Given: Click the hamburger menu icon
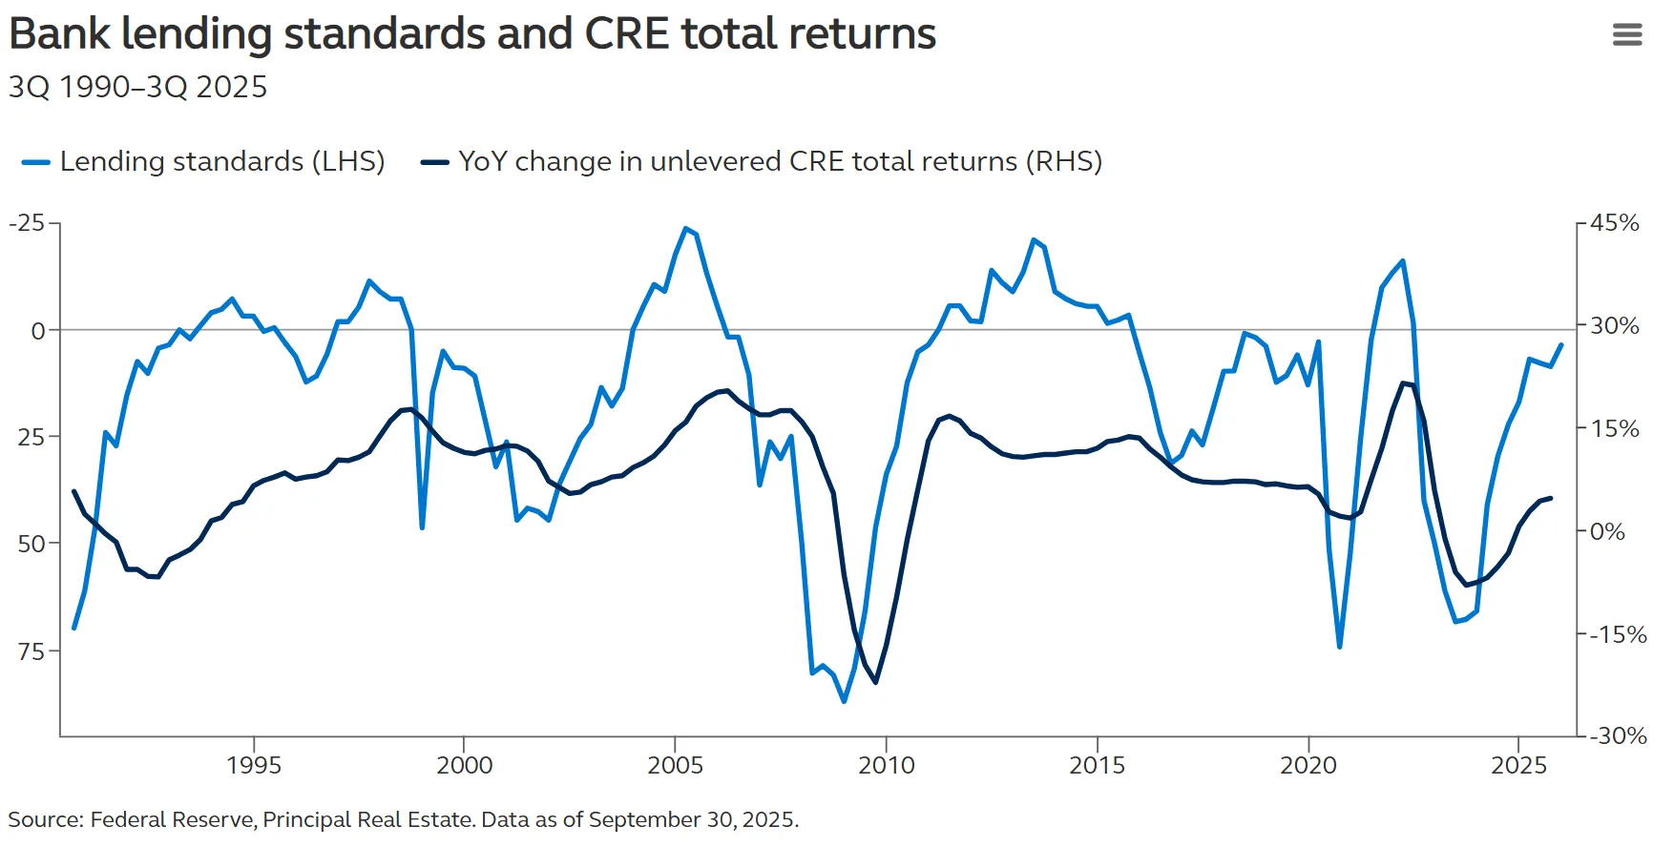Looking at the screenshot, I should pos(1626,35).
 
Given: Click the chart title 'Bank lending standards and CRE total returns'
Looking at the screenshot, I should pos(472,34).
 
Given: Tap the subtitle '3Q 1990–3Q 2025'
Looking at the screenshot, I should pos(137,87).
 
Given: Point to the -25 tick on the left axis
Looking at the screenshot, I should pos(27,222).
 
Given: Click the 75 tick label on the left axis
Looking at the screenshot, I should pos(31,651).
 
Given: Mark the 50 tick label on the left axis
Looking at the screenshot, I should pos(31,544).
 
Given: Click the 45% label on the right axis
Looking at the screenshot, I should pos(1615,223).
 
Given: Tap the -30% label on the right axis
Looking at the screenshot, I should pos(1618,735).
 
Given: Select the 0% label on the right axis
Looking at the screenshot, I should pos(1608,531).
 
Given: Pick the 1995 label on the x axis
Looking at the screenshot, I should pos(254,765).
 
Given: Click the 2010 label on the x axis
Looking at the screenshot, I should pos(886,765).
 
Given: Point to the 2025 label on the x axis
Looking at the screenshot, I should pos(1518,765).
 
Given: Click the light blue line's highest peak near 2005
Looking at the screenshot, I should pos(685,228).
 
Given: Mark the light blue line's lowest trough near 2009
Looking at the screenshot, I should pos(844,701).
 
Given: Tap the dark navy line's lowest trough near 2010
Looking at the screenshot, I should pos(875,681).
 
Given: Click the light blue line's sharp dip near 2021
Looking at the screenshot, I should pos(1339,647).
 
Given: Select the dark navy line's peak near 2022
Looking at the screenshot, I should pos(1403,382).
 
